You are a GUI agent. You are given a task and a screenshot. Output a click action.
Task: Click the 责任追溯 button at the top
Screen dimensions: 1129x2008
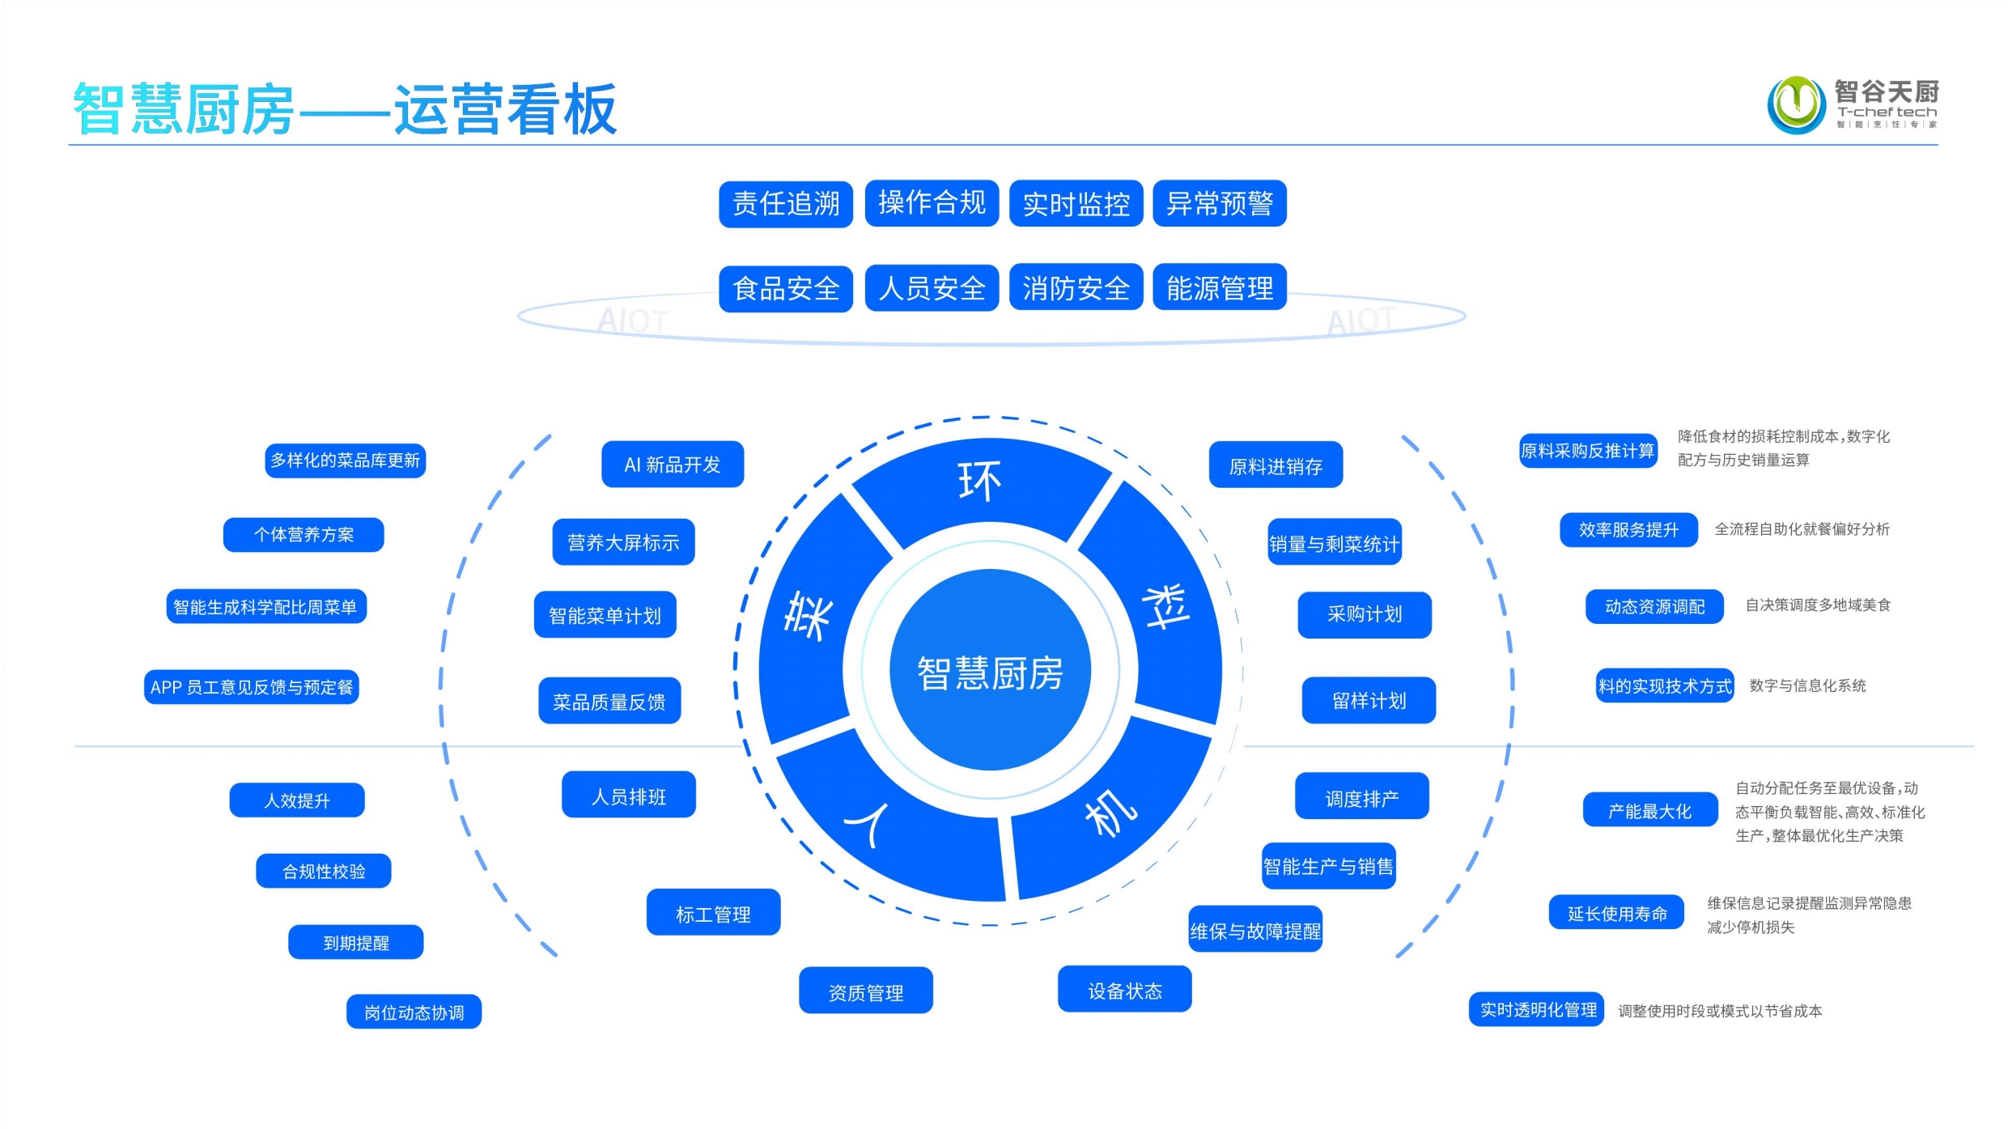click(785, 204)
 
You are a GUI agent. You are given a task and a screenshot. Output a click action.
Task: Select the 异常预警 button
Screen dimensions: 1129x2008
click(1219, 203)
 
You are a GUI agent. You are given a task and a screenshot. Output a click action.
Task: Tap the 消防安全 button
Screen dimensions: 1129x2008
click(1076, 287)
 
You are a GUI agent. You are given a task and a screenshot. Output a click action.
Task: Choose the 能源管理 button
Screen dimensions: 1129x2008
click(1219, 287)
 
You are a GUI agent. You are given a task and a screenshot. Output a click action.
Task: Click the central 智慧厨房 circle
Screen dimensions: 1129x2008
click(990, 671)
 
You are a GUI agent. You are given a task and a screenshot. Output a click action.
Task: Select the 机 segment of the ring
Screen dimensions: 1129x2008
click(1110, 813)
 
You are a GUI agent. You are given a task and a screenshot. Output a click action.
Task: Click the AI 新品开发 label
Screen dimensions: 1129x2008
click(672, 465)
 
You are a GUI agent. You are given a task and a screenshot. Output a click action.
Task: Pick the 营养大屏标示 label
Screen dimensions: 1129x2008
click(623, 542)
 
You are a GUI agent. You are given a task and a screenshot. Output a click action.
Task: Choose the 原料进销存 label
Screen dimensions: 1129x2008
click(1276, 465)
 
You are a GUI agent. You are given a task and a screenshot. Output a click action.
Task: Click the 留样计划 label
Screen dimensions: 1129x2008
click(1369, 700)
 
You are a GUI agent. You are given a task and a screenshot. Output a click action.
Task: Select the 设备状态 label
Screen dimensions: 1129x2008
click(1124, 990)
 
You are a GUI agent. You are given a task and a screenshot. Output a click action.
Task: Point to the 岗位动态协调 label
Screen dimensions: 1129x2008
click(414, 1012)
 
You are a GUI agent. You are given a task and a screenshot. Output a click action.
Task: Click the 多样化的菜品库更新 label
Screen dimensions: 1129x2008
click(345, 461)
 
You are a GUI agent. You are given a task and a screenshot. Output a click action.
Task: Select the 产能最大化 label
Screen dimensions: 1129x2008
click(1649, 810)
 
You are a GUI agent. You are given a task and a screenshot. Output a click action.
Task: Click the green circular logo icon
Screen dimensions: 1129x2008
click(1796, 104)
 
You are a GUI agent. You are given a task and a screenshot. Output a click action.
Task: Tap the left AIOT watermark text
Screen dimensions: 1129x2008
click(633, 321)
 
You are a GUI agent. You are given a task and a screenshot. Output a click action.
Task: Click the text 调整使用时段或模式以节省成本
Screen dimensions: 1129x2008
click(1720, 1011)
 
